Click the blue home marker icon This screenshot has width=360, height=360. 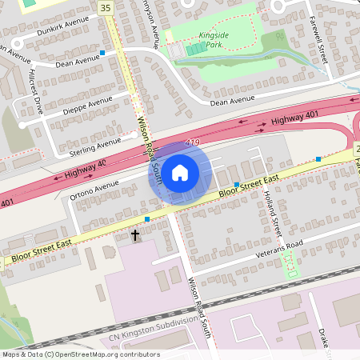tap(180, 172)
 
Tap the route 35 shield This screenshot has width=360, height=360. tap(106, 7)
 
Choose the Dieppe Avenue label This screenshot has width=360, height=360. tap(89, 104)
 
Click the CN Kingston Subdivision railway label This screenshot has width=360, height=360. tap(152, 329)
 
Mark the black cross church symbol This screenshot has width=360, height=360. tap(135, 235)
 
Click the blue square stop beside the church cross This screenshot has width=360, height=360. tap(147, 218)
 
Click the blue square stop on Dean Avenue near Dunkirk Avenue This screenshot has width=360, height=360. tap(102, 53)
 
